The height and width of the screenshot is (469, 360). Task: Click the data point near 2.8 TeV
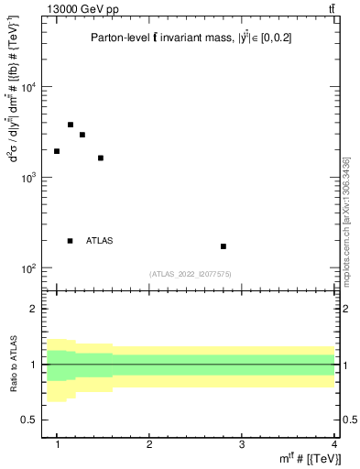click(224, 246)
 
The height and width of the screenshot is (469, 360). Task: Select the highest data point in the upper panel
click(71, 125)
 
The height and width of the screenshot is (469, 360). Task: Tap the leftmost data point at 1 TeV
click(57, 151)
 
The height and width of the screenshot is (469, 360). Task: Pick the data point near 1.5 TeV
click(101, 158)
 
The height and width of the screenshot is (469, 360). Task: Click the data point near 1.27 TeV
click(82, 135)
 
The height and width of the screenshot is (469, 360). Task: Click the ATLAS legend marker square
click(71, 241)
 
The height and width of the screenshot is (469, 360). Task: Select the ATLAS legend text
click(100, 241)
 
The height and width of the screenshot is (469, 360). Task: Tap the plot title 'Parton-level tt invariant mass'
click(165, 38)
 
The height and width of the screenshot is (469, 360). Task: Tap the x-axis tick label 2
click(149, 443)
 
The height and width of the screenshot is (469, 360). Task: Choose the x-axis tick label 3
click(242, 443)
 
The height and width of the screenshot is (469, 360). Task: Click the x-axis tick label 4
click(333, 443)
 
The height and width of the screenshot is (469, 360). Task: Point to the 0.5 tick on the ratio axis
click(33, 420)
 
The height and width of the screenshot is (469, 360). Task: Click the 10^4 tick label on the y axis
click(30, 88)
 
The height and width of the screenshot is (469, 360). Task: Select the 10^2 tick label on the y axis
click(30, 268)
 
